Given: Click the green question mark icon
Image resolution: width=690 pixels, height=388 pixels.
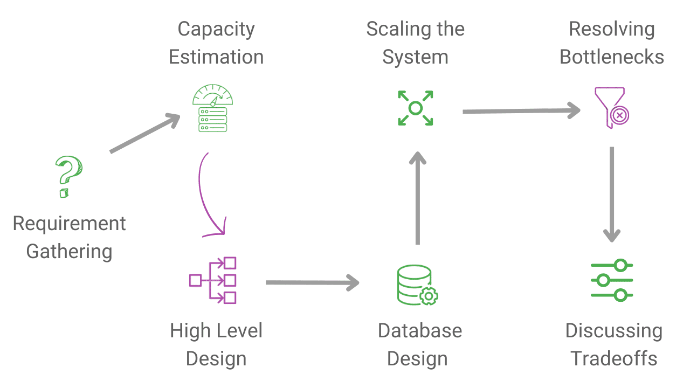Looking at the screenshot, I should pyautogui.click(x=69, y=176).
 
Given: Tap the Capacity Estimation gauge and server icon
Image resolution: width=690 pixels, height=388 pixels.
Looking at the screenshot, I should pyautogui.click(x=212, y=108).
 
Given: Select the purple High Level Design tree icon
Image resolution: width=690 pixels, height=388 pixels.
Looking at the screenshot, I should pyautogui.click(x=213, y=280).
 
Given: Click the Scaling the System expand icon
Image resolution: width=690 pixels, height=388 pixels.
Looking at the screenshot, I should pyautogui.click(x=415, y=108).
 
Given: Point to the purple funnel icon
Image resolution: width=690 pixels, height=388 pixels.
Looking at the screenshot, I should pyautogui.click(x=611, y=108).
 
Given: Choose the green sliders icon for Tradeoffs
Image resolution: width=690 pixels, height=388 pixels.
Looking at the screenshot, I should pyautogui.click(x=611, y=280).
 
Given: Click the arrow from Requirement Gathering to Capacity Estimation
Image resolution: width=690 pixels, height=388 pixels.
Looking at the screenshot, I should pyautogui.click(x=144, y=134).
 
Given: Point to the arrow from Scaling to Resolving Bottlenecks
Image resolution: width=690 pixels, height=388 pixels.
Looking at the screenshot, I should pyautogui.click(x=521, y=111).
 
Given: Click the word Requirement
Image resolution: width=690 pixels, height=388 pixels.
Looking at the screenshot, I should pyautogui.click(x=69, y=223).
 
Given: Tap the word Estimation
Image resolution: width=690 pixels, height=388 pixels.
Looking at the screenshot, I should pyautogui.click(x=216, y=57).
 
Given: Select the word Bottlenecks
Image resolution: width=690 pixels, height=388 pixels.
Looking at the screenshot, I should pyautogui.click(x=612, y=57).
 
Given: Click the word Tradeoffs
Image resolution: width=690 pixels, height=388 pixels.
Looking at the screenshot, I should pyautogui.click(x=614, y=358).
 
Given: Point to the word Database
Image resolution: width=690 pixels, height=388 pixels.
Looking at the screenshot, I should pyautogui.click(x=420, y=330).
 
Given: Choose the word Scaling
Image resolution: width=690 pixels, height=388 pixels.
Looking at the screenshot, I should pyautogui.click(x=395, y=29).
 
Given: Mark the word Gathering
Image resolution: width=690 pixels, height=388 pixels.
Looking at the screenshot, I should pyautogui.click(x=69, y=251).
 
